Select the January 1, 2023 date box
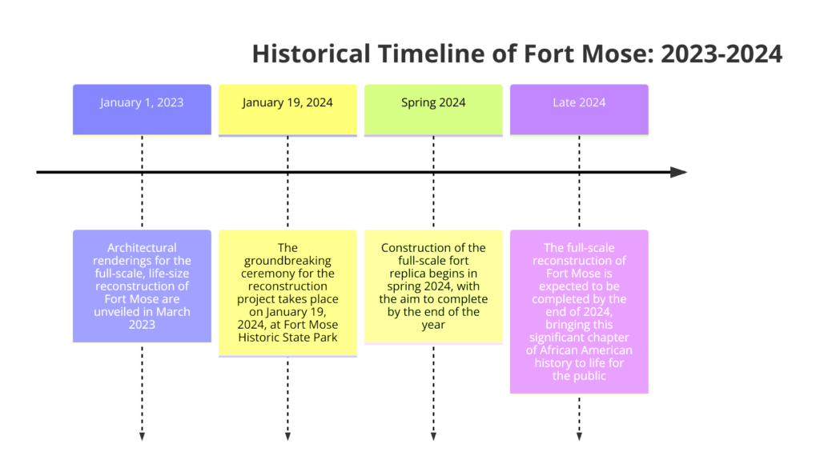point(143,110)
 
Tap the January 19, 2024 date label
point(287,102)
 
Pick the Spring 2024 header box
point(433,110)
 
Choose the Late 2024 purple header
point(579,110)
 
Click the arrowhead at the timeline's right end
point(679,172)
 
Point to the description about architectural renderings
point(143,286)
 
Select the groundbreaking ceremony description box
point(287,293)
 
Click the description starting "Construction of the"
point(433,286)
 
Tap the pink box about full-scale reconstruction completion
point(579,311)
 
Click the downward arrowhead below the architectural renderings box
point(143,437)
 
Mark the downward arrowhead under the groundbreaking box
point(287,437)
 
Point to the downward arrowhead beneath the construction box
point(433,437)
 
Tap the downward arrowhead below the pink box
point(579,437)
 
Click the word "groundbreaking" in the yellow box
point(287,261)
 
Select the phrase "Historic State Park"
point(287,338)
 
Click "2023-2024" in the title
point(722,54)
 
